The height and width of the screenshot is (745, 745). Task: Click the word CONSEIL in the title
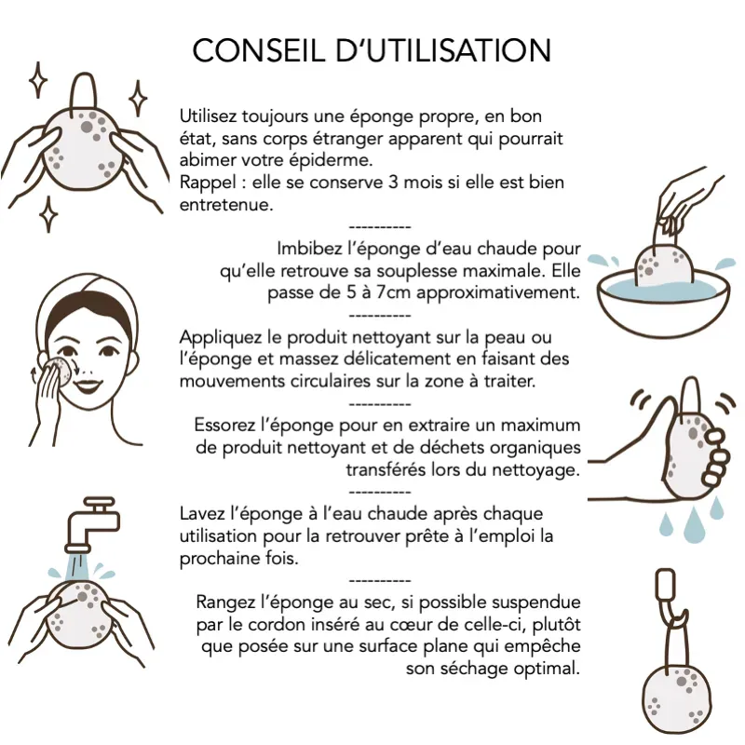click(x=259, y=50)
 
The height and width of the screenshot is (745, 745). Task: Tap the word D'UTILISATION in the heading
click(x=444, y=50)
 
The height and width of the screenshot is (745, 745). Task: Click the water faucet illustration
click(x=92, y=523)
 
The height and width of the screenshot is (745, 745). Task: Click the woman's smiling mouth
click(x=88, y=385)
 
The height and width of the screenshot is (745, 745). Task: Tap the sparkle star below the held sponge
click(x=48, y=214)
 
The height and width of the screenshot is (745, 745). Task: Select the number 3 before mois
click(x=393, y=183)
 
